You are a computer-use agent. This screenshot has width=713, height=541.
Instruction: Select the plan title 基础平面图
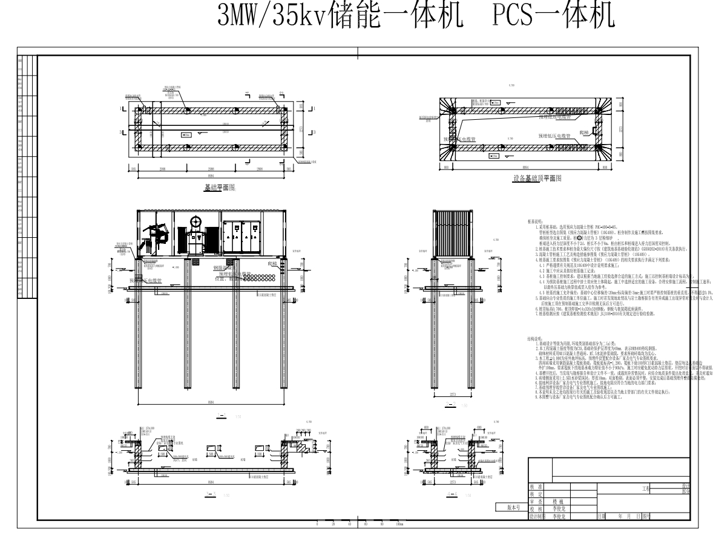[x=223, y=188]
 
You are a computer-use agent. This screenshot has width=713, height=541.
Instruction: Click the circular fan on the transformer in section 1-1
[x=195, y=222]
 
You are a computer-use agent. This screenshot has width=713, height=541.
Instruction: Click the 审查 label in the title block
[x=535, y=501]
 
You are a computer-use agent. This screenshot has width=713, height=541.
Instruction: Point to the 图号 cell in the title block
[x=646, y=517]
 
